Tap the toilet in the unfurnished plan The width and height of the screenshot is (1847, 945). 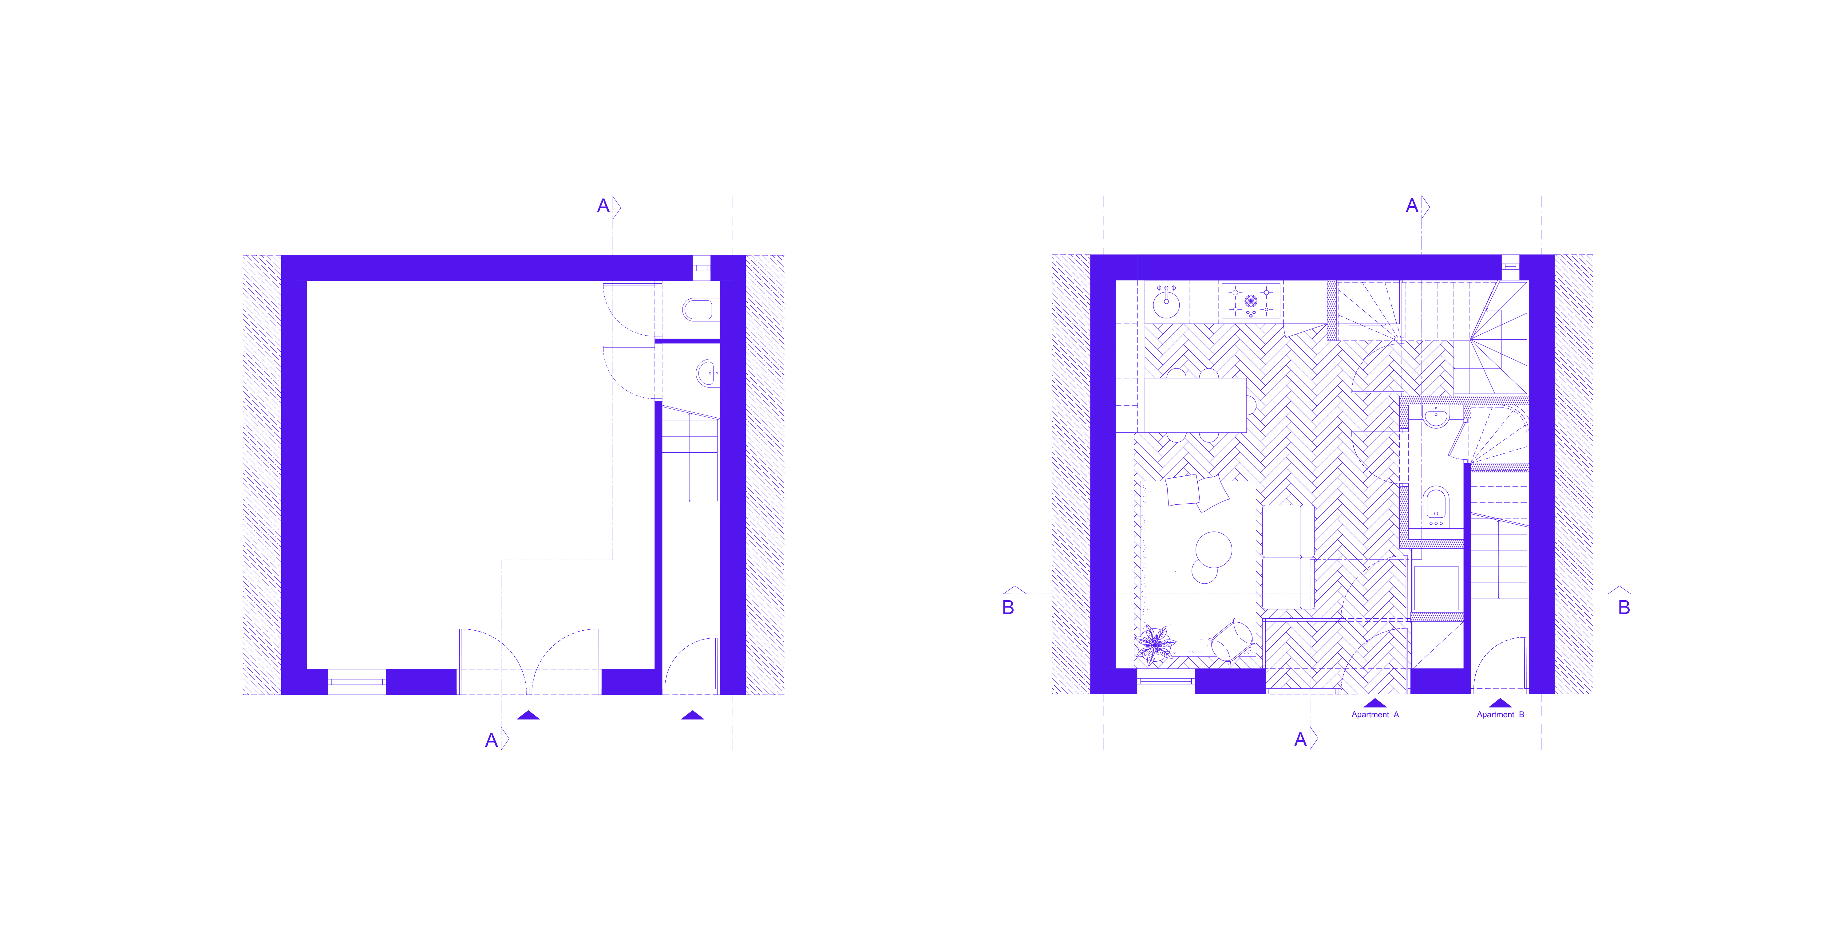pos(698,310)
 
